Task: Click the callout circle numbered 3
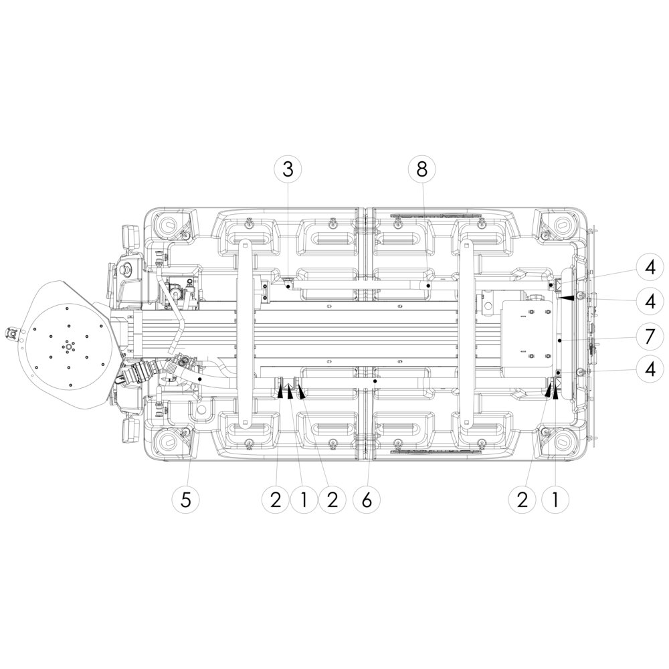288,169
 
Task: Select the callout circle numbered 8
421,169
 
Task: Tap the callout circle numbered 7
650,337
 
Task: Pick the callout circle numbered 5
185,500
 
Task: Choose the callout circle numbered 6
367,500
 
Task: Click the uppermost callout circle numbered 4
650,268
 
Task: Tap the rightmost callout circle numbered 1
555,500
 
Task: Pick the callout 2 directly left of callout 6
332,500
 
